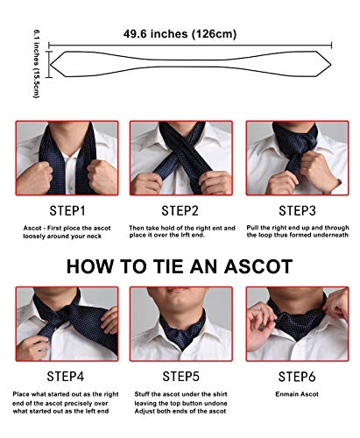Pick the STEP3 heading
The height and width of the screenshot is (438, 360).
coord(296,210)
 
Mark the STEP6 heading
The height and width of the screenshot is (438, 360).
coord(296,377)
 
